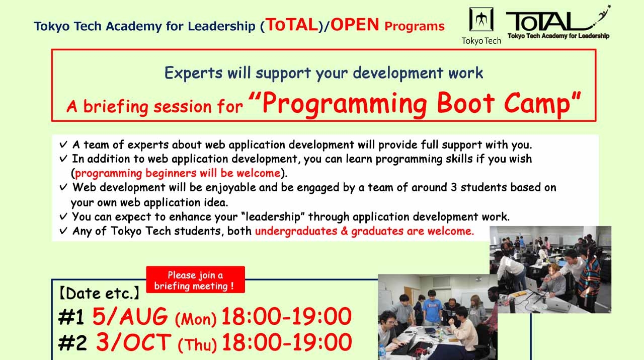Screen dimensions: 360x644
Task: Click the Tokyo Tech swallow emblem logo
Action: pyautogui.click(x=481, y=20)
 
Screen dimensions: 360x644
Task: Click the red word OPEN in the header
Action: pyautogui.click(x=355, y=25)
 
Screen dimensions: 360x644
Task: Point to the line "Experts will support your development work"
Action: pyautogui.click(x=324, y=73)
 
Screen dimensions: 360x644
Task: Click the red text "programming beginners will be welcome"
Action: pyautogui.click(x=178, y=174)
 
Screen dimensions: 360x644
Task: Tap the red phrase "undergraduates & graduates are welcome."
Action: pyautogui.click(x=364, y=232)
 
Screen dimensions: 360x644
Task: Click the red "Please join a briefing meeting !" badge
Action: pyautogui.click(x=195, y=280)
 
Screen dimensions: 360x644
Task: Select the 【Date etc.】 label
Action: pyautogui.click(x=100, y=294)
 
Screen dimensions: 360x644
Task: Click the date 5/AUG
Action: pyautogui.click(x=130, y=317)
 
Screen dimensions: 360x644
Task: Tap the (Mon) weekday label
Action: pyautogui.click(x=195, y=319)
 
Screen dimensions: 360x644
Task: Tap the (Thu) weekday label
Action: pyautogui.click(x=197, y=345)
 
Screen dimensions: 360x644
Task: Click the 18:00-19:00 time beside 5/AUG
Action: pyautogui.click(x=286, y=317)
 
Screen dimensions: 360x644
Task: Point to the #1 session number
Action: pyautogui.click(x=70, y=317)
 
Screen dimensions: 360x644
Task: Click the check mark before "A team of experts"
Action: pyautogui.click(x=63, y=145)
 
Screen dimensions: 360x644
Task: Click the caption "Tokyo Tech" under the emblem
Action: pyautogui.click(x=481, y=41)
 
